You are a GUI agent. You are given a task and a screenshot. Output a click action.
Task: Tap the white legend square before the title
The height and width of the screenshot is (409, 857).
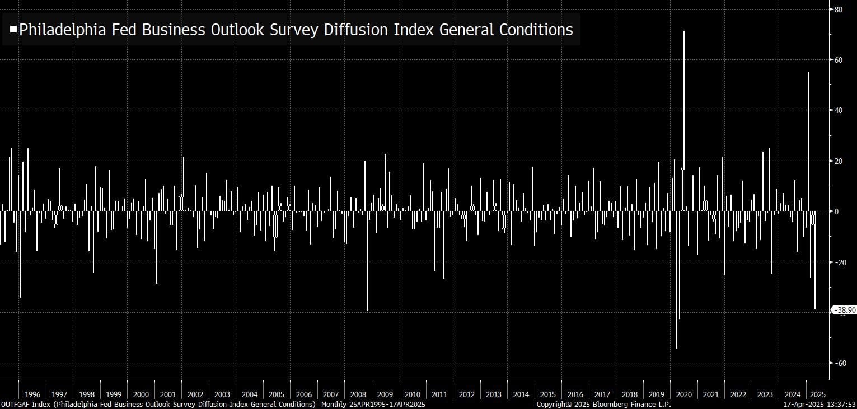point(13,29)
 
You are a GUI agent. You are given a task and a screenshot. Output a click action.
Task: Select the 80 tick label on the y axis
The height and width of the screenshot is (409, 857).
point(839,9)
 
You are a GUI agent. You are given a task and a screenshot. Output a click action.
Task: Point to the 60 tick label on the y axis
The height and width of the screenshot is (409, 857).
point(839,59)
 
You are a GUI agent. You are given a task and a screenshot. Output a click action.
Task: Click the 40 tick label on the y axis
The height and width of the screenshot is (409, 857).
point(839,110)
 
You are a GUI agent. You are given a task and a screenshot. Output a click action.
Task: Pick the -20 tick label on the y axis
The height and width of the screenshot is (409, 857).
point(840,262)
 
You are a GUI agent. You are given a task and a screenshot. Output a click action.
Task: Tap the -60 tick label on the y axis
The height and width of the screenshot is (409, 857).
point(840,363)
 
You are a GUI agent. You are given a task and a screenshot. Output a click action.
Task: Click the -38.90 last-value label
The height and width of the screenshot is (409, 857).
point(845,310)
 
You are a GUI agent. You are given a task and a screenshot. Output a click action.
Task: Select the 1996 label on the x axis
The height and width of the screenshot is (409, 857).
point(32,394)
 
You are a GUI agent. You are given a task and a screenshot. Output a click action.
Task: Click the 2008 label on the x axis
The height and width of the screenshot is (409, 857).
point(358,394)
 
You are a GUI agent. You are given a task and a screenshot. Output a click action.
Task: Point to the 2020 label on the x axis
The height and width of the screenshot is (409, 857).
point(683,394)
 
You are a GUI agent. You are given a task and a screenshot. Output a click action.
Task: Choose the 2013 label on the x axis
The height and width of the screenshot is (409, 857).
point(494,394)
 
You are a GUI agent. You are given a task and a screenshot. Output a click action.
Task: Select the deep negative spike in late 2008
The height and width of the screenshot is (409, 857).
point(367,280)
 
